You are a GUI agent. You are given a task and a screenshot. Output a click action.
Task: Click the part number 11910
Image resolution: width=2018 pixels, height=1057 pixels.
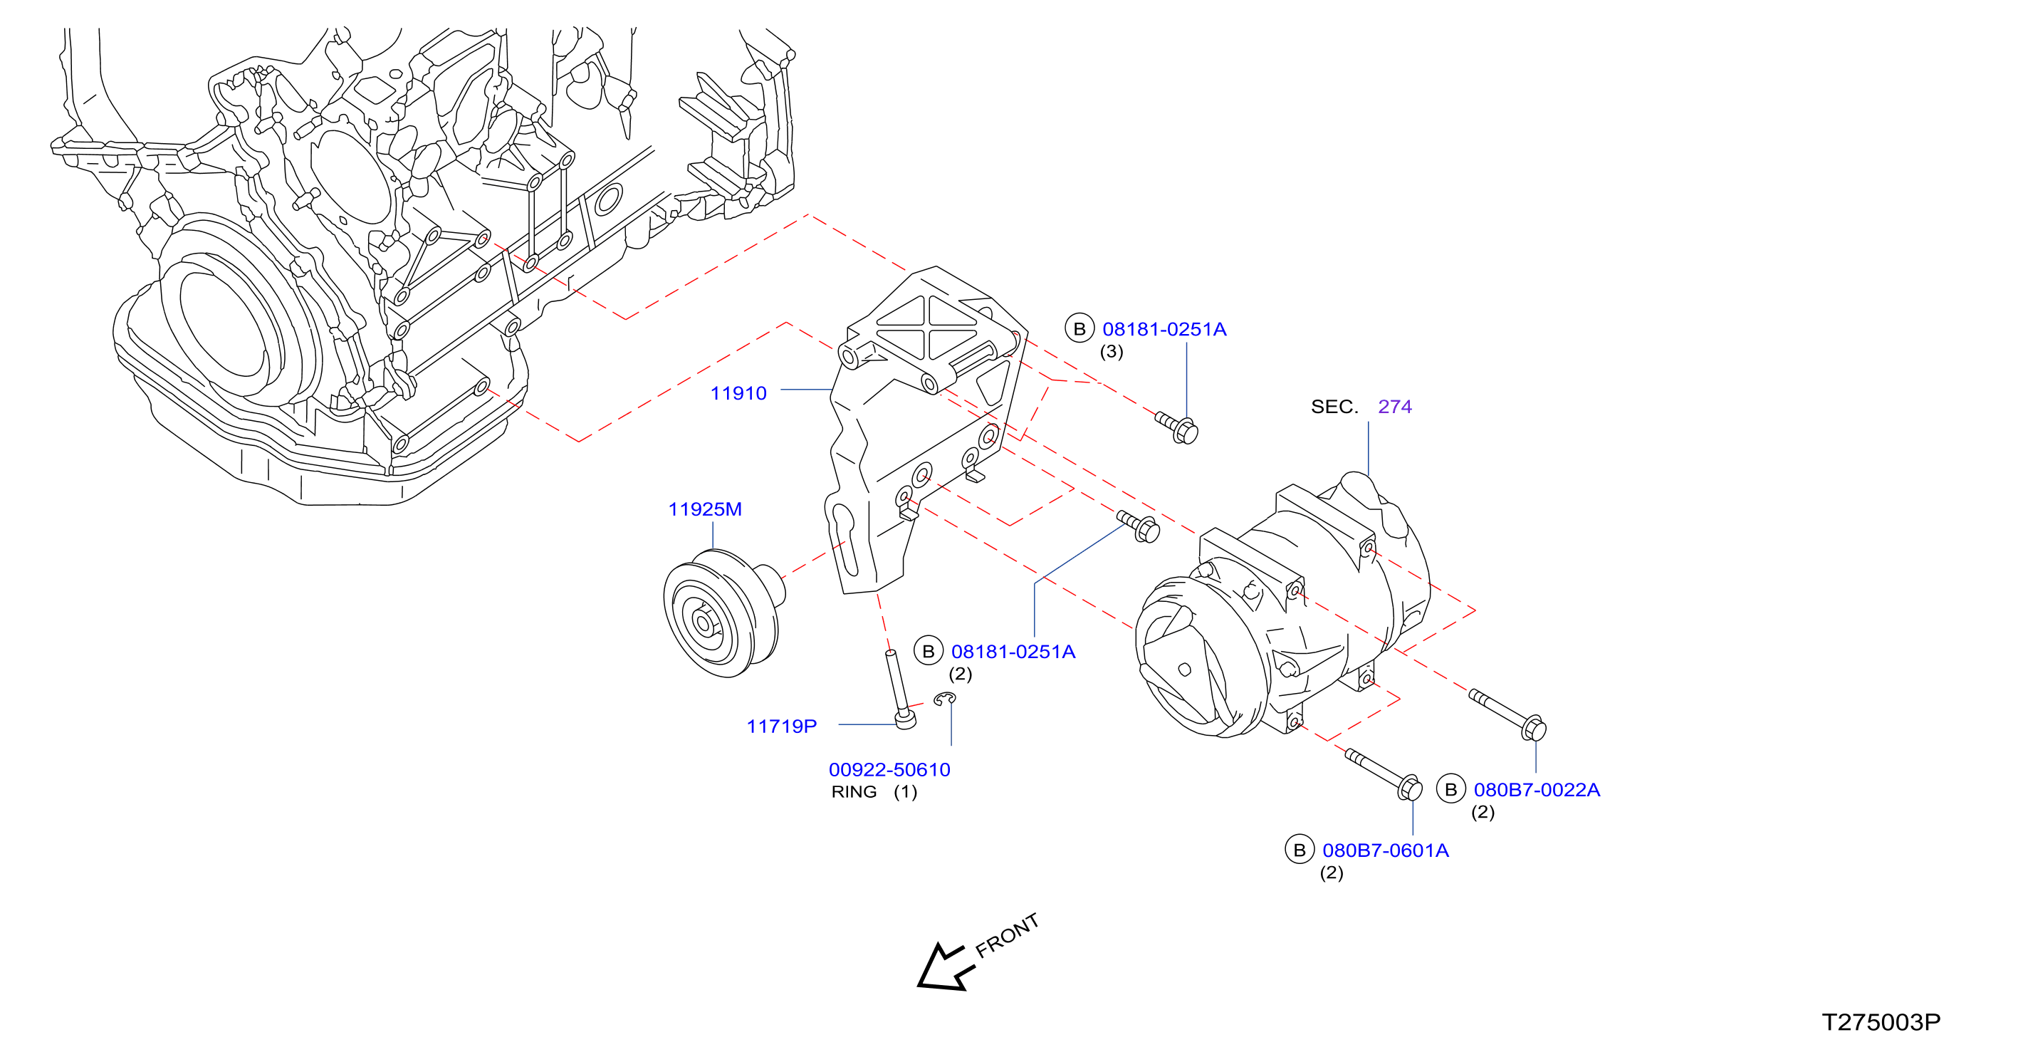tap(738, 393)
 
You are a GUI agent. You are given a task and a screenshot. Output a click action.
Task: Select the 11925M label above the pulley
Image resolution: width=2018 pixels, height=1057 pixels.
tap(704, 509)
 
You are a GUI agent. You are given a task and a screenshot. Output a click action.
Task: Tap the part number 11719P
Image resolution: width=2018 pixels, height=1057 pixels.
tap(781, 727)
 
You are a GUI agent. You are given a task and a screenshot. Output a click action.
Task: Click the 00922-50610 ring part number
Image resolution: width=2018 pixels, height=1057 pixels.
tap(889, 769)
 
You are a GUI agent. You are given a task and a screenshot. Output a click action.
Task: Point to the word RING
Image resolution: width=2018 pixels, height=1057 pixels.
tap(854, 791)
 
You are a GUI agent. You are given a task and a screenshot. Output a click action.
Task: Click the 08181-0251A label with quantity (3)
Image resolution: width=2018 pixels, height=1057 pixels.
tap(1164, 329)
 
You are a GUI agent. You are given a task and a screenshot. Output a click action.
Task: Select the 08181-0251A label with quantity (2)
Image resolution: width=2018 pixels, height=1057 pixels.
tap(1013, 651)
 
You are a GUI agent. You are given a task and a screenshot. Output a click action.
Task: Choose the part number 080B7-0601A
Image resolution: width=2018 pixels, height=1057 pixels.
tap(1385, 850)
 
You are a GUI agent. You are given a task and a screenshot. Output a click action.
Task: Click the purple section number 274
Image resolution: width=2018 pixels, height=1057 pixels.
tap(1394, 407)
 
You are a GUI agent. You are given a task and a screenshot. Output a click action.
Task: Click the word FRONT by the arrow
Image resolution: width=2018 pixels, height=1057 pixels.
tap(1008, 935)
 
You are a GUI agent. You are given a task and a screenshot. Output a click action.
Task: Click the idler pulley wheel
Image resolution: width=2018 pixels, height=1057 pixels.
tap(721, 613)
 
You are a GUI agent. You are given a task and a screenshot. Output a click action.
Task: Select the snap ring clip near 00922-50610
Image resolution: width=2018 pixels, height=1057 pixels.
tap(945, 698)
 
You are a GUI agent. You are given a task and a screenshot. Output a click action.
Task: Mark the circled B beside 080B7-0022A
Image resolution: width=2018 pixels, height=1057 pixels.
tap(1450, 789)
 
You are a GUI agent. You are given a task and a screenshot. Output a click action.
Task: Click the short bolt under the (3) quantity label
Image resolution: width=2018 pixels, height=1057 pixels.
tap(1178, 428)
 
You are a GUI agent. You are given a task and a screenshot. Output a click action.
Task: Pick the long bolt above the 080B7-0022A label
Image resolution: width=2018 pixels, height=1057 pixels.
tap(1507, 714)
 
